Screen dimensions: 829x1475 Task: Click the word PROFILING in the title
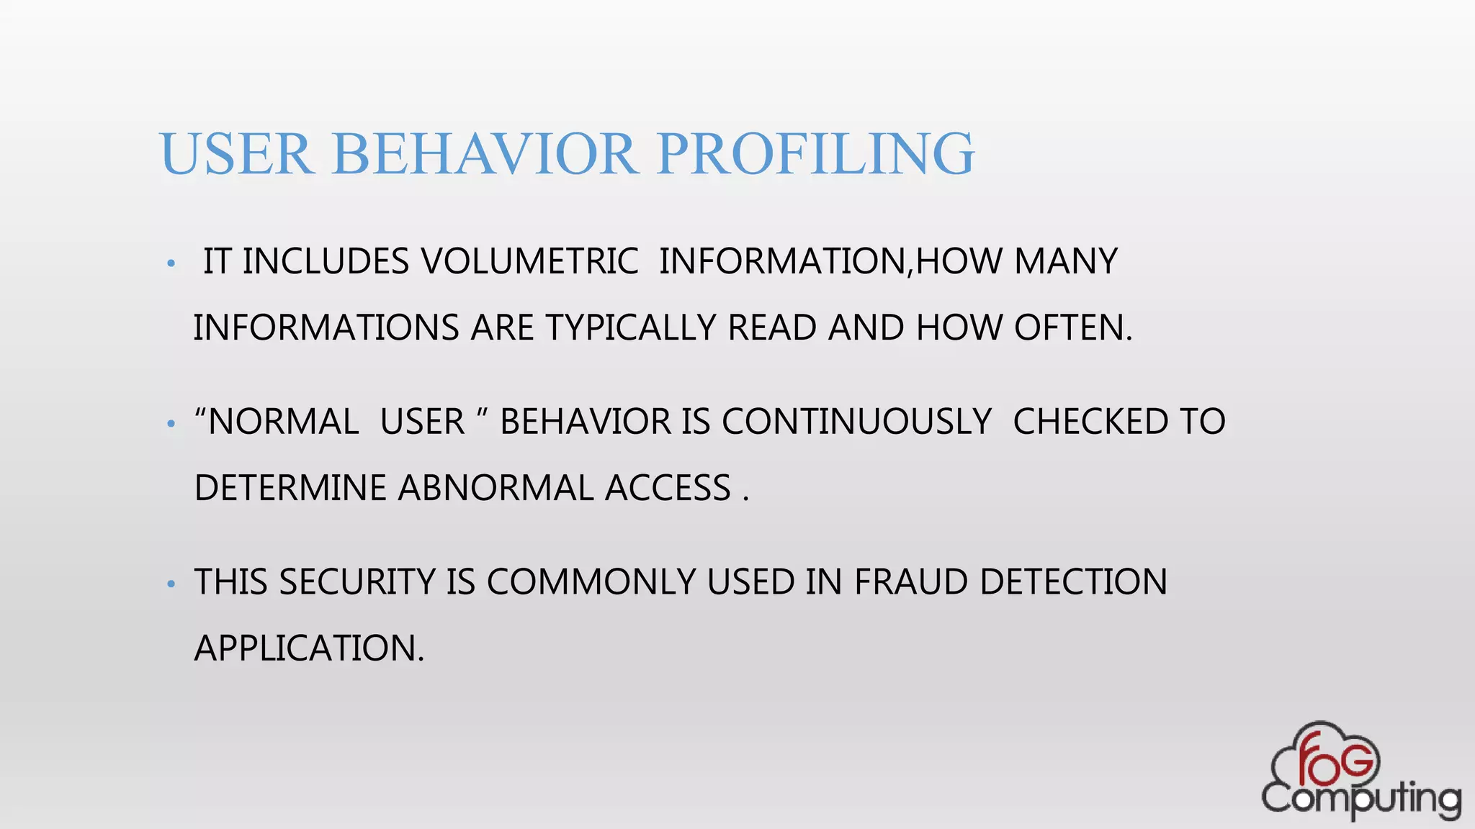pyautogui.click(x=815, y=154)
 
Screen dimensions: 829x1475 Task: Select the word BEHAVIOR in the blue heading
pyautogui.click(x=485, y=154)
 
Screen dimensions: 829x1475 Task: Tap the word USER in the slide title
pyautogui.click(x=236, y=154)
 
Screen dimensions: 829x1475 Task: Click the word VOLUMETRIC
pyautogui.click(x=529, y=261)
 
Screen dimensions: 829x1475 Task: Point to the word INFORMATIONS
pyautogui.click(x=326, y=328)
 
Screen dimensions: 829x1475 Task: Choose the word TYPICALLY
pyautogui.click(x=630, y=328)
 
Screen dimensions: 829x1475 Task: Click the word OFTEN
pyautogui.click(x=1073, y=328)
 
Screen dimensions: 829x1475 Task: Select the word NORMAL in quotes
pyautogui.click(x=283, y=422)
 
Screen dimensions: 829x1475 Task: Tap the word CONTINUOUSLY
pyautogui.click(x=857, y=422)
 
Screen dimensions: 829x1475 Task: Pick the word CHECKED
pyautogui.click(x=1090, y=422)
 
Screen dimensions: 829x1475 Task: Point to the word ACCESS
pyautogui.click(x=668, y=489)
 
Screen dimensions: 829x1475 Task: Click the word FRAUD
pyautogui.click(x=911, y=582)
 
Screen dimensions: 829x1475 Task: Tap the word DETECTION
pyautogui.click(x=1073, y=582)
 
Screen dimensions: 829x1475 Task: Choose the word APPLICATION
pyautogui.click(x=309, y=648)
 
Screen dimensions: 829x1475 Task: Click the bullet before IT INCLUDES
pyautogui.click(x=171, y=264)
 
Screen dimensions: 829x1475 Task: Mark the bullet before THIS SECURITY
pyautogui.click(x=171, y=584)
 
